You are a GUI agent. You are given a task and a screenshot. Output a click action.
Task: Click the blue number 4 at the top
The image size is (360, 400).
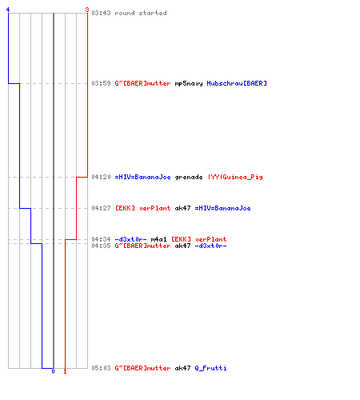click(8, 10)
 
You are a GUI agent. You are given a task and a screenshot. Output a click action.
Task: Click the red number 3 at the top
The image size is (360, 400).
click(87, 10)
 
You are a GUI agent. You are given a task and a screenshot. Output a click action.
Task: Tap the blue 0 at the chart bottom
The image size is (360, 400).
click(53, 371)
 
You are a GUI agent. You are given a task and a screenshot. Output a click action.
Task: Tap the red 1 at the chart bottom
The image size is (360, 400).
click(65, 371)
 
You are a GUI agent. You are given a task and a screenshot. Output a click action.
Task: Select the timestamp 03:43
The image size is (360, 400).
click(101, 13)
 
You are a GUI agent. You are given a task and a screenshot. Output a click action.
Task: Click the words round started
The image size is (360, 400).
click(141, 13)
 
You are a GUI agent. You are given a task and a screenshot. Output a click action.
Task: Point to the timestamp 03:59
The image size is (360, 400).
click(101, 83)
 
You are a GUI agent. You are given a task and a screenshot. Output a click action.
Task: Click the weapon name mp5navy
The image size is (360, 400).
click(189, 84)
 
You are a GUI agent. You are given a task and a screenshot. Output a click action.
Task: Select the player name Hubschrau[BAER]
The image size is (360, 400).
click(237, 83)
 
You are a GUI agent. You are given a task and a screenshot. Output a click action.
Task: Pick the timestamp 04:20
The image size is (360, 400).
click(101, 177)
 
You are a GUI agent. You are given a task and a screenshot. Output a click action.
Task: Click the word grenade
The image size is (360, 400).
click(189, 178)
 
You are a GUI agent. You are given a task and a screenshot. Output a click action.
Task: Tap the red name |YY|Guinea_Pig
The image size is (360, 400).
click(235, 177)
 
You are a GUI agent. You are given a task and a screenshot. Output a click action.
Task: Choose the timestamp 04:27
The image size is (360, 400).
click(101, 208)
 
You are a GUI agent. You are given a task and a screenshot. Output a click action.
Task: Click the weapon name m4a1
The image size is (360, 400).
click(158, 239)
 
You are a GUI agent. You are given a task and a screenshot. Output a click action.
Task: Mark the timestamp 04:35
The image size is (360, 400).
click(101, 246)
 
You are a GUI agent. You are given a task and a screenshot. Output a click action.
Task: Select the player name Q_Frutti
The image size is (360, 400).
click(210, 368)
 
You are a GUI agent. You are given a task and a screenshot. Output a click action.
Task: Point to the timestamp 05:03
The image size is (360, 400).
click(101, 368)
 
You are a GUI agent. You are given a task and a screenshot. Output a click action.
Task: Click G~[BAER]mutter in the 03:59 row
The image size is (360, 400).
click(142, 83)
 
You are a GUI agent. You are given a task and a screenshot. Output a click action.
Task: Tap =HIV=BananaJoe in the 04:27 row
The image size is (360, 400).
click(222, 208)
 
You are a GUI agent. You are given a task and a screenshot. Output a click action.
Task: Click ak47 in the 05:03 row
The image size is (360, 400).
click(182, 368)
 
